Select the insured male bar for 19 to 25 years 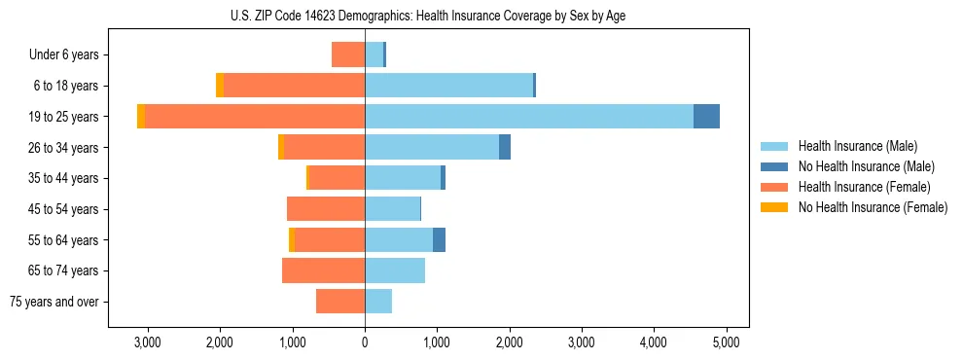529,117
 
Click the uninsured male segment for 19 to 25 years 706,117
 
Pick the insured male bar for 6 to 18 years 448,86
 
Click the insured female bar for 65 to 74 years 323,270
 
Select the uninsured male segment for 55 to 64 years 439,239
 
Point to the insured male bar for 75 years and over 378,302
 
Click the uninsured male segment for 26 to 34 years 505,147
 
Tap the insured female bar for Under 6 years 348,54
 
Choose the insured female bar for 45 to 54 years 326,209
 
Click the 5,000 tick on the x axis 726,342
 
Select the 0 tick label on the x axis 365,342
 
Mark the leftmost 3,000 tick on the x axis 148,342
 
